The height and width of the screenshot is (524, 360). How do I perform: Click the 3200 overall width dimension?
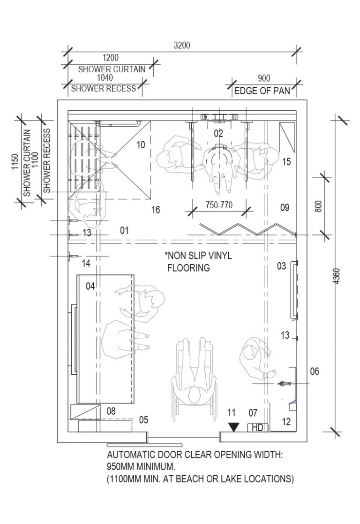coord(182,46)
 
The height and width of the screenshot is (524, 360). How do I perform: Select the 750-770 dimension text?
coord(218,205)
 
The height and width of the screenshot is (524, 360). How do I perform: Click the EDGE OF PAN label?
coord(262,91)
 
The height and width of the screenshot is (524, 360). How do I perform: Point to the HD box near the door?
coord(257,427)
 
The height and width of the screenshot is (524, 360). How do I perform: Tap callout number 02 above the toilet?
coord(218,133)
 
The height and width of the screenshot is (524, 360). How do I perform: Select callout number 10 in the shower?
coord(141,145)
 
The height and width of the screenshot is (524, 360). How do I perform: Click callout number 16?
coord(155,210)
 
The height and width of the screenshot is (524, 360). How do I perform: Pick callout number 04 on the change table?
coord(90,285)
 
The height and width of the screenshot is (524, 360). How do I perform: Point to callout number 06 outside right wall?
coord(315,372)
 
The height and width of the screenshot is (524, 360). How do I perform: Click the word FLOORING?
coord(188,269)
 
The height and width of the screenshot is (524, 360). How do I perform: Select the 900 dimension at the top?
coord(264,78)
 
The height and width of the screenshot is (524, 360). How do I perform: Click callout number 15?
coord(286,162)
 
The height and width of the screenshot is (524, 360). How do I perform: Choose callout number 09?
coord(285,207)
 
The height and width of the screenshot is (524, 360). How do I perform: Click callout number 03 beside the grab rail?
coord(281,266)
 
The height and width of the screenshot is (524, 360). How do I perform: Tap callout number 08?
coord(111,411)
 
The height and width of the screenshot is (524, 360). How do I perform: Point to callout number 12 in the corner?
coord(286,422)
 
